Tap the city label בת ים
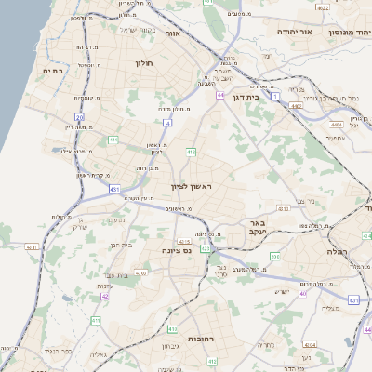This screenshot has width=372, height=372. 52,70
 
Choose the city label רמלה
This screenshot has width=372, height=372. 336,251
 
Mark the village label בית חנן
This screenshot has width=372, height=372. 122,245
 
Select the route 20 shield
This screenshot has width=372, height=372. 80,117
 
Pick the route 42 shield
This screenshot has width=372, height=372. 105,298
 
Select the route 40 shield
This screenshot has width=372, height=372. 303,294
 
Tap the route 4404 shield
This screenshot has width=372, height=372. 295,107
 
